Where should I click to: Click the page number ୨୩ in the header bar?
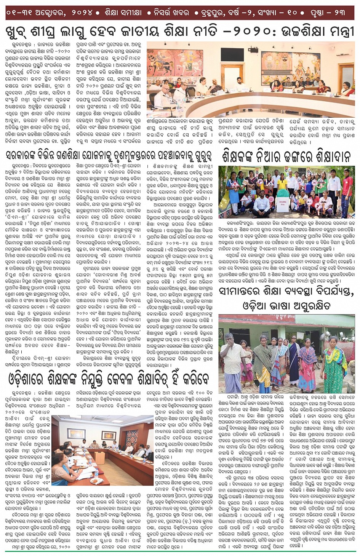tap(339, 13)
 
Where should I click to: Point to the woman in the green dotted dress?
tap(333, 362)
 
